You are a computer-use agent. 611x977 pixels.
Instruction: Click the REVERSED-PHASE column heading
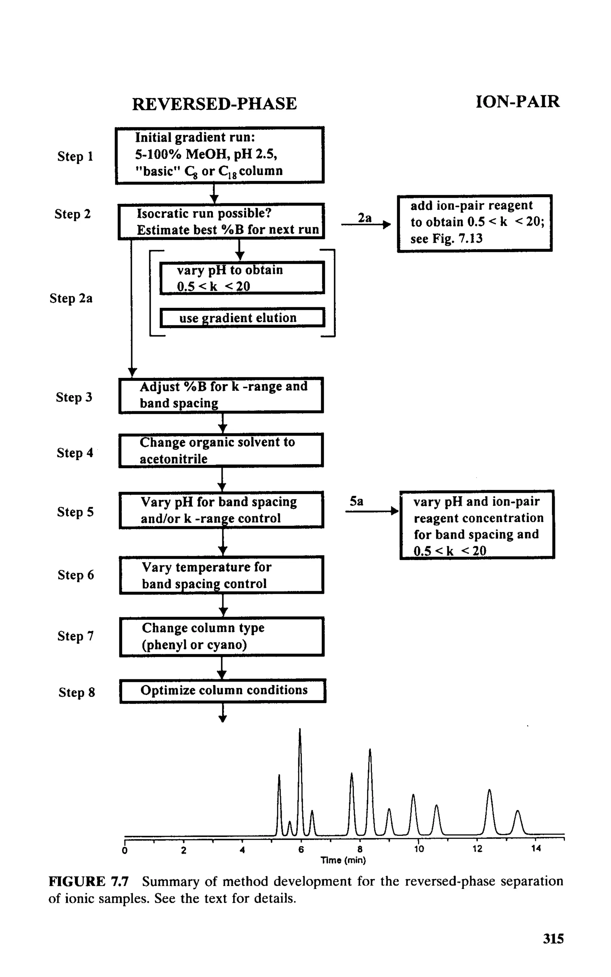(214, 104)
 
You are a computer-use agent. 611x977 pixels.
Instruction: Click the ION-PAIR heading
(517, 101)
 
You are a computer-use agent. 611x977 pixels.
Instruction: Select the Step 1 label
(75, 156)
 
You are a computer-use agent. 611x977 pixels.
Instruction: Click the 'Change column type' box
(221, 637)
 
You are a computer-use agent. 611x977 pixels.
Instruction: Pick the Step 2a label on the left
(71, 298)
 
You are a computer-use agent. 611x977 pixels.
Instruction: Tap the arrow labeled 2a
(366, 224)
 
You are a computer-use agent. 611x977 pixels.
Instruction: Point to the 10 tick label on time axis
(419, 849)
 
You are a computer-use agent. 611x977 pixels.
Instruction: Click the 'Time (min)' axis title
(343, 860)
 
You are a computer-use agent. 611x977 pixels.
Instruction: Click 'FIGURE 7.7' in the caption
(89, 881)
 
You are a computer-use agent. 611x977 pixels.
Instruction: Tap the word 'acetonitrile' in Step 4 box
(173, 459)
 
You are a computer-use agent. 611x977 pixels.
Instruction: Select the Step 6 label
(75, 575)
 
